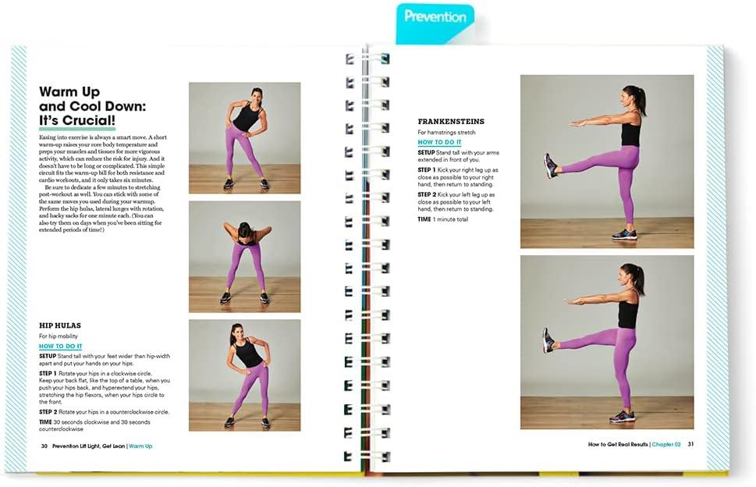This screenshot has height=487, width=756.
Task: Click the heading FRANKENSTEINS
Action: click(450, 122)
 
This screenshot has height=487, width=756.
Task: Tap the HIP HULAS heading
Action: click(60, 325)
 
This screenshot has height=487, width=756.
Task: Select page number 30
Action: click(44, 446)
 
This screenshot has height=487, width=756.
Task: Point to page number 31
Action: click(690, 444)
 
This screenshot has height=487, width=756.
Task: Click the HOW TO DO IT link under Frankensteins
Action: click(439, 143)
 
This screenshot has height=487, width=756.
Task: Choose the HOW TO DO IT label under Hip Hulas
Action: click(60, 346)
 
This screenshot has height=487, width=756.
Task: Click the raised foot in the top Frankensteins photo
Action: click(551, 165)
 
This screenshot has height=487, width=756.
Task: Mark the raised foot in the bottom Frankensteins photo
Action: click(549, 341)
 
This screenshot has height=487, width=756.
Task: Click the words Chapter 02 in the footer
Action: click(667, 444)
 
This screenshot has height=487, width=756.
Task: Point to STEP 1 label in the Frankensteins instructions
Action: click(426, 169)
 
